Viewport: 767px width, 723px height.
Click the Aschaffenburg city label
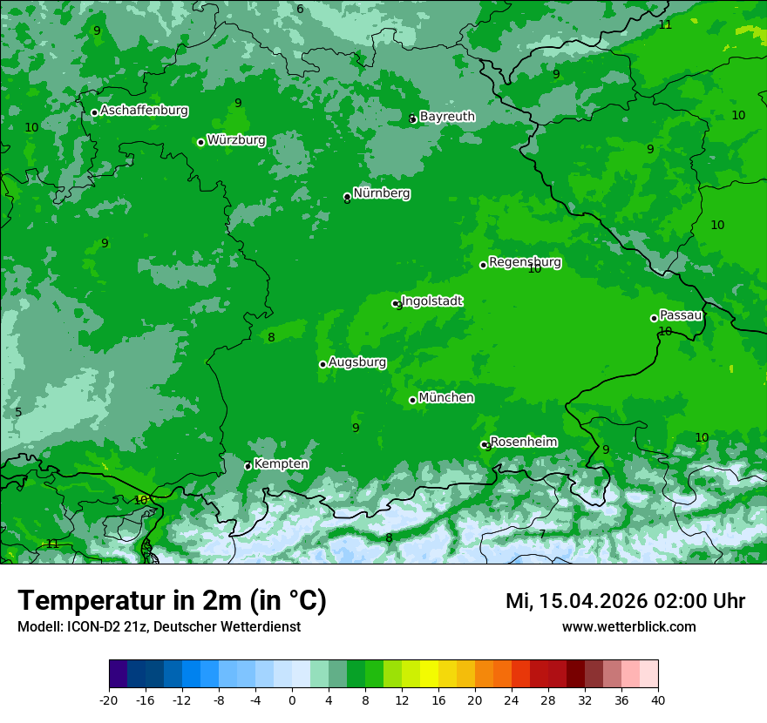[x=144, y=111]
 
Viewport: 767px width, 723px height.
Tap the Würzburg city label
[x=236, y=140]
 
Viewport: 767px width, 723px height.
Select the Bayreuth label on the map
[x=447, y=117]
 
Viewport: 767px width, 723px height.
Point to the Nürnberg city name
[x=382, y=193]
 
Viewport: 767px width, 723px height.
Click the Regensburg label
[x=525, y=262]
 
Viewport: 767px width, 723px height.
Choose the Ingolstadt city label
[x=431, y=301]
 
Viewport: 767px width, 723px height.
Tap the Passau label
[x=681, y=315]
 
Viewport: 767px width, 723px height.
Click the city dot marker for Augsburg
[x=322, y=364]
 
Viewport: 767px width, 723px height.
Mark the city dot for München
[x=412, y=400]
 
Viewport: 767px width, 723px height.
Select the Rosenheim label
[x=523, y=443]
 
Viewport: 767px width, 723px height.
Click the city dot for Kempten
[x=248, y=466]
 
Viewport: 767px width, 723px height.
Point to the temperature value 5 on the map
[x=18, y=412]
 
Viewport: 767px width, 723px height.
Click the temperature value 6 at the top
[x=300, y=10]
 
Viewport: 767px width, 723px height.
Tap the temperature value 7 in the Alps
[x=542, y=534]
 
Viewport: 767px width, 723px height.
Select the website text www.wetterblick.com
[x=628, y=627]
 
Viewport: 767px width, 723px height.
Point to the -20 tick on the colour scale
[x=109, y=699]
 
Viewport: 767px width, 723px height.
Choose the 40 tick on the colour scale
[x=658, y=699]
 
